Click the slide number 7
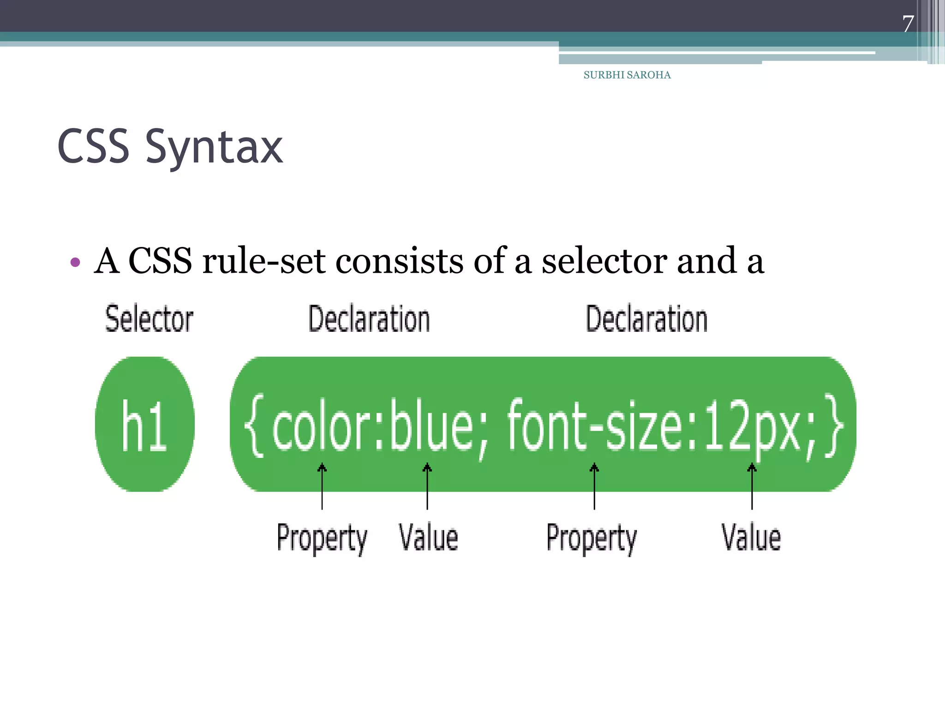(908, 24)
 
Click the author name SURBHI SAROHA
(627, 75)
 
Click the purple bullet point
(75, 263)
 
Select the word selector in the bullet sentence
(604, 261)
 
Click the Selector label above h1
(149, 318)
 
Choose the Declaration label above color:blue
(369, 318)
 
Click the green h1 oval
(144, 424)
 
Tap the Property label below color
(322, 538)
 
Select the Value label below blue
(428, 538)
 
